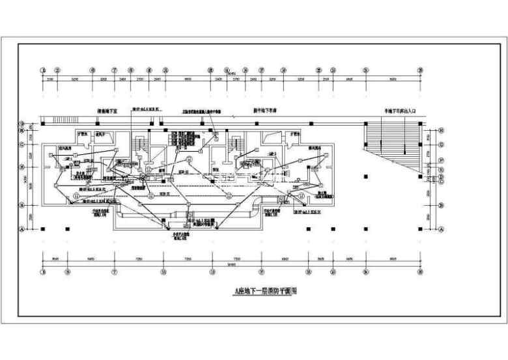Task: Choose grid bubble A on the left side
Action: point(22,229)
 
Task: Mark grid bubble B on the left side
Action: point(22,204)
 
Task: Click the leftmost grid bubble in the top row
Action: point(43,70)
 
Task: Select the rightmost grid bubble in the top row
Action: point(421,70)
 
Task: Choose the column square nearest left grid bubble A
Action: point(43,229)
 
